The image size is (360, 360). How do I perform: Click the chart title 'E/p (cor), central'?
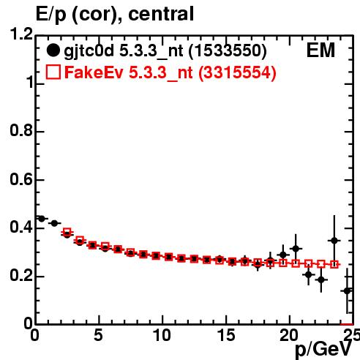[115, 14]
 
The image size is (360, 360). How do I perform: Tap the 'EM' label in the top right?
[320, 50]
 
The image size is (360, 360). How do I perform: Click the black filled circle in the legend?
[53, 50]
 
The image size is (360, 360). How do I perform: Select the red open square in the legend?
[53, 72]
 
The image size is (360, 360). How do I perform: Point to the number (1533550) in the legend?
[228, 51]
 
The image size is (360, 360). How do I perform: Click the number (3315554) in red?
[237, 73]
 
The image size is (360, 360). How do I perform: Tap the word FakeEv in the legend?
[94, 72]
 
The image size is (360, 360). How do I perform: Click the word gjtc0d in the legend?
[89, 52]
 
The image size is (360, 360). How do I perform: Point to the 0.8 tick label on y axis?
[21, 131]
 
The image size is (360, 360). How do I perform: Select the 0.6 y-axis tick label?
[21, 179]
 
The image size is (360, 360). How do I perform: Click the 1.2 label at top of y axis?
[21, 34]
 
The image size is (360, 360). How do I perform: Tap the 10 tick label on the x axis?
[162, 335]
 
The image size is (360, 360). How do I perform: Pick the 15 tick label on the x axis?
[226, 335]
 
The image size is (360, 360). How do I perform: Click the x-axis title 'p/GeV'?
[324, 349]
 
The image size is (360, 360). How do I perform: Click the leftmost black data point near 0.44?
[42, 219]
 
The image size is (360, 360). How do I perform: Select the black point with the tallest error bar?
[334, 241]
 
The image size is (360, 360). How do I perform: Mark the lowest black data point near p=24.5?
[347, 290]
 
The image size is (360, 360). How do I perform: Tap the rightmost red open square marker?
[334, 264]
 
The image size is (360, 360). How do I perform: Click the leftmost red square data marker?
[67, 232]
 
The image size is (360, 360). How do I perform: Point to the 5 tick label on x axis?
[98, 335]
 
